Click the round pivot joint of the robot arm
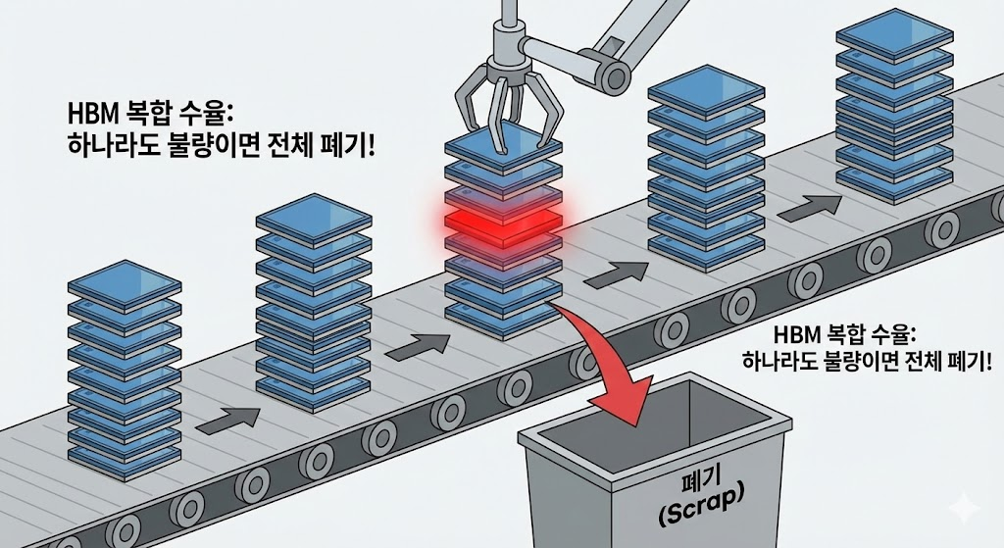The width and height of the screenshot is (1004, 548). tap(614, 75)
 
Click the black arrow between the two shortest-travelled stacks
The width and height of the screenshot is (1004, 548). tap(227, 419)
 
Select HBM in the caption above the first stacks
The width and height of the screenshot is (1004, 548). tap(87, 109)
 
